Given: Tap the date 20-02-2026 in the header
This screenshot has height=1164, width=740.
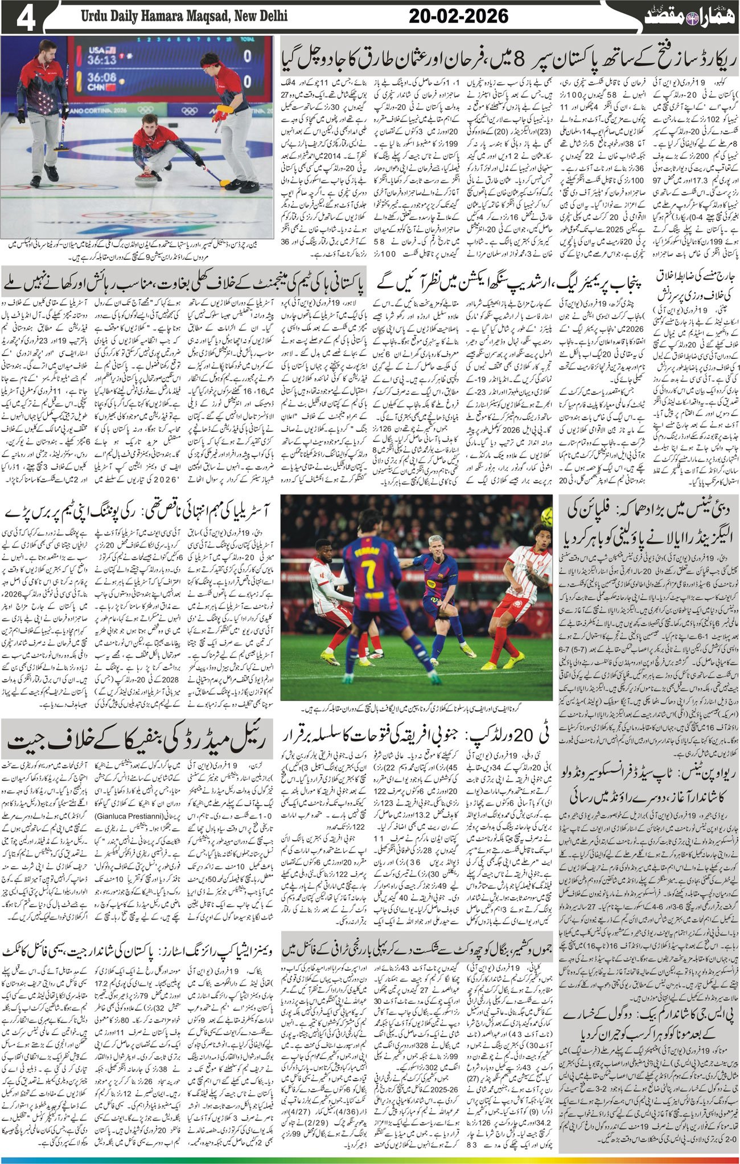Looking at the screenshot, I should pyautogui.click(x=458, y=17).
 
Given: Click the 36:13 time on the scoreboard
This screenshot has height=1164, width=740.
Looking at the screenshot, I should pyautogui.click(x=102, y=59).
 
